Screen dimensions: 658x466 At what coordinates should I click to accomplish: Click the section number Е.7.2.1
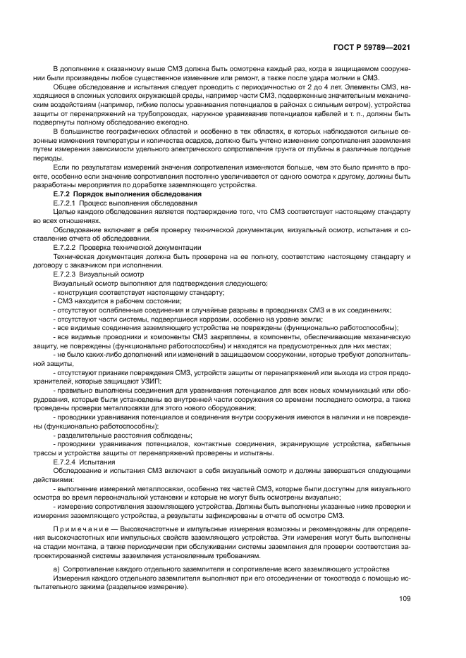click(x=68, y=202)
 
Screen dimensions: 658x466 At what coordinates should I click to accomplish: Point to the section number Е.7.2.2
click(x=68, y=247)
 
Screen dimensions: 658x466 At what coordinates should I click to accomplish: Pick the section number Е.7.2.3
click(x=68, y=274)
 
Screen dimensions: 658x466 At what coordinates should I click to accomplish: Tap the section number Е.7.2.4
click(x=68, y=462)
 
